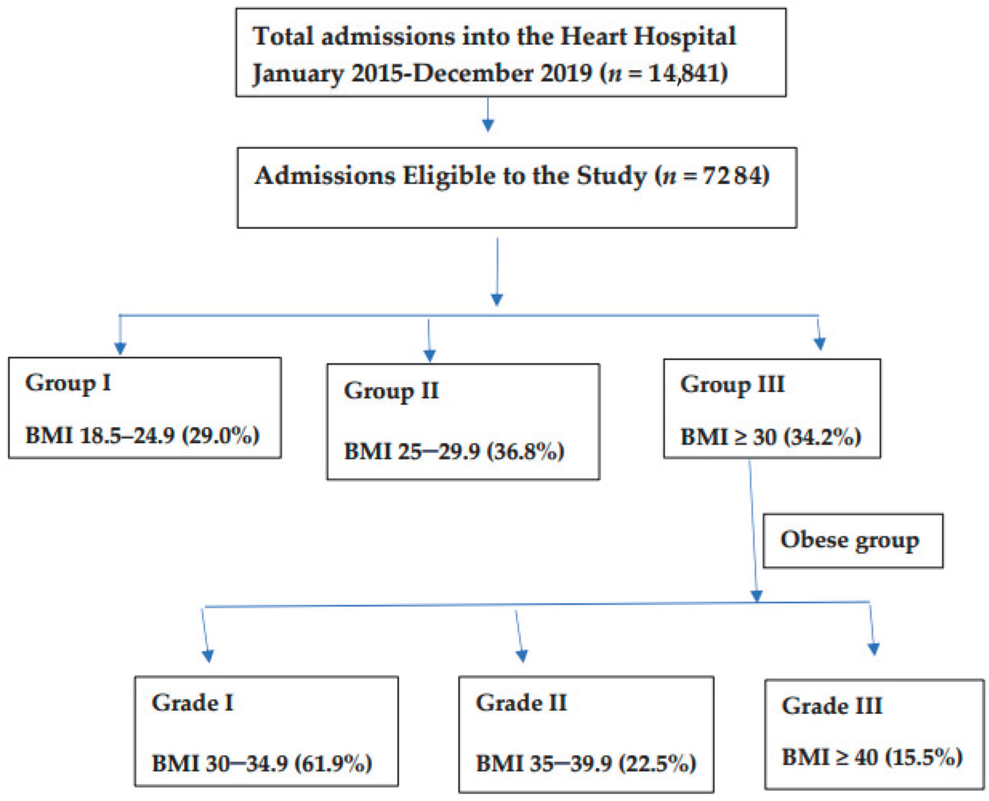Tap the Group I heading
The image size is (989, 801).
coord(68,382)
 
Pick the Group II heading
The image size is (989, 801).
coord(391,391)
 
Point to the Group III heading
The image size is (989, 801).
coord(732,384)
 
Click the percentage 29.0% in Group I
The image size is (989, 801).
coord(221,435)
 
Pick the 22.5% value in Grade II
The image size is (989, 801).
coord(657,763)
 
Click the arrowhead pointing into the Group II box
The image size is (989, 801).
coord(429,355)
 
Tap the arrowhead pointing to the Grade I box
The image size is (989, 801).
coord(208,656)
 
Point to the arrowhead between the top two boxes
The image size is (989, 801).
coord(488,125)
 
